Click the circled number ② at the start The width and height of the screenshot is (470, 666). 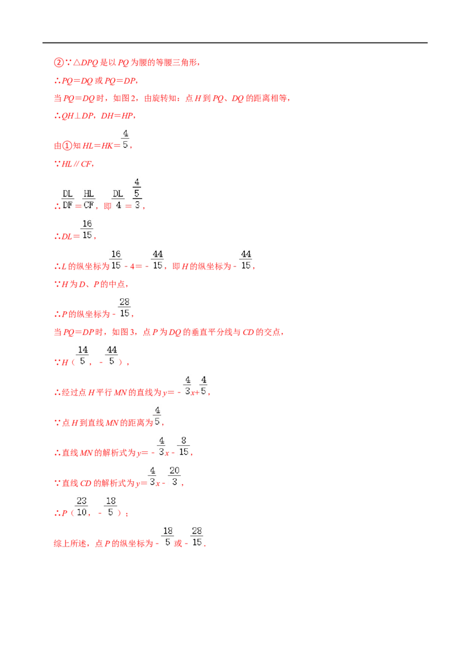coord(59,63)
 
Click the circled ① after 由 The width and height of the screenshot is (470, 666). coord(67,146)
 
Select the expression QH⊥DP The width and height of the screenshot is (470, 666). coord(77,116)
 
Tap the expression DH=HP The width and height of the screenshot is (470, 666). coord(117,116)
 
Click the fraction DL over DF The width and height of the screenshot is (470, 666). coord(68,199)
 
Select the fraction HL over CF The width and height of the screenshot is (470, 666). coord(89,199)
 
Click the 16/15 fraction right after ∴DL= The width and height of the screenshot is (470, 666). coord(87,229)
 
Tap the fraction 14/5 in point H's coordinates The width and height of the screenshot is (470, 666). coord(83,355)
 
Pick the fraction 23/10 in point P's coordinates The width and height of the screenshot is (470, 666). coord(82,507)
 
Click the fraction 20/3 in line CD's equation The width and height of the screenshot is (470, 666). coord(174,476)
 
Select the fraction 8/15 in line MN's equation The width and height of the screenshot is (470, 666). coord(184,446)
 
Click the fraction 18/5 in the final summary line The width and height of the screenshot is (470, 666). coord(167,537)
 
